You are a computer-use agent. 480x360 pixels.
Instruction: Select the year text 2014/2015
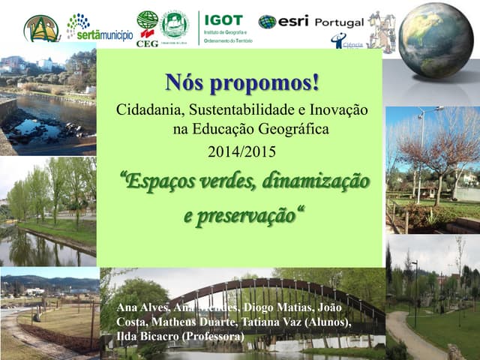pyautogui.click(x=241, y=152)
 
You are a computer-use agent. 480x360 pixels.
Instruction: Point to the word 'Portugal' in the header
pyautogui.click(x=339, y=22)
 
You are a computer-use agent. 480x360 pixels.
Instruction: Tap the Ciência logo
pyautogui.click(x=347, y=42)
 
